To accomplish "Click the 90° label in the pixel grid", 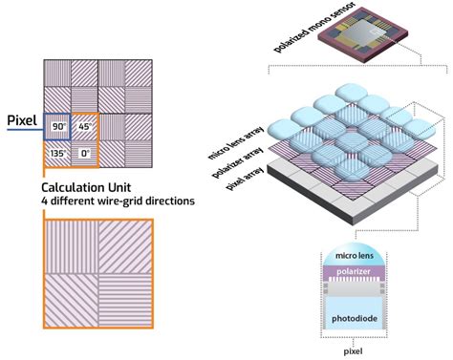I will point(57,126).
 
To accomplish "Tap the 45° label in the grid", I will point(83,126).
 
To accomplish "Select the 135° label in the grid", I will point(57,153).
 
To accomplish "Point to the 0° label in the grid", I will point(84,153).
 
